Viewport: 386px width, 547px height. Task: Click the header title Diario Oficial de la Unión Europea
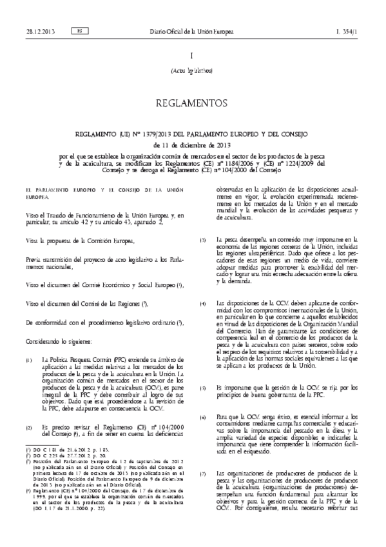click(x=192, y=30)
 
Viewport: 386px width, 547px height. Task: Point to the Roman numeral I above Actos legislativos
click(x=193, y=56)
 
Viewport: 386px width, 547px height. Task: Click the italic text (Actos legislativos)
click(x=193, y=71)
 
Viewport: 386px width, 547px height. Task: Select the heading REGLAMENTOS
click(x=193, y=103)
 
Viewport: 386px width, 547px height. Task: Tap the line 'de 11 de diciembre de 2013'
click(x=193, y=145)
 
